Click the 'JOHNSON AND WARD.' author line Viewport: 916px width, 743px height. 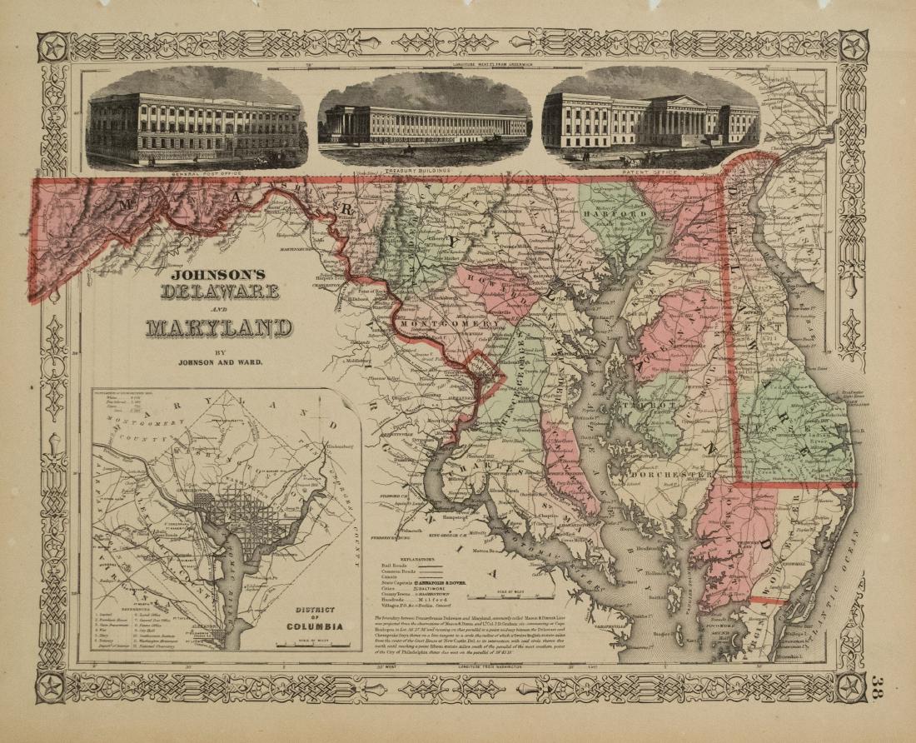point(218,362)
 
